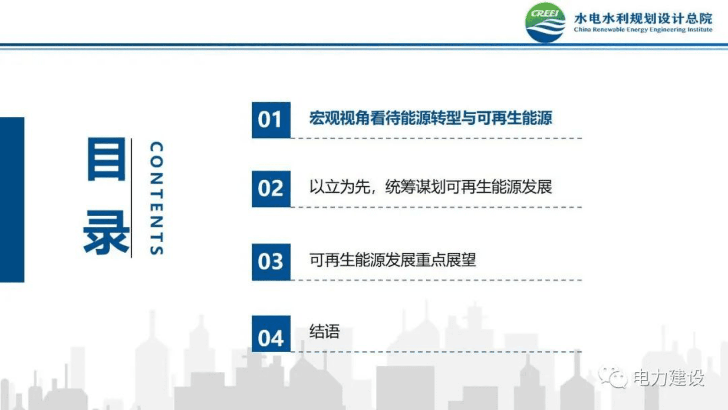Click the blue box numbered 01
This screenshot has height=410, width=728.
pyautogui.click(x=271, y=120)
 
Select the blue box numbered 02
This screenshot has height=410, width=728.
pyautogui.click(x=271, y=189)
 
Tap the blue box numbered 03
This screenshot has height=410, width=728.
pyautogui.click(x=271, y=262)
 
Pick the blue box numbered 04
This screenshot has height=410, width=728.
pyautogui.click(x=271, y=334)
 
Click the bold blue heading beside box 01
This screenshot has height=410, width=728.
pyautogui.click(x=430, y=118)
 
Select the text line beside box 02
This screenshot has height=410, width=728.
pyautogui.click(x=430, y=187)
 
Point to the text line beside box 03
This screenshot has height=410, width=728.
pyautogui.click(x=392, y=260)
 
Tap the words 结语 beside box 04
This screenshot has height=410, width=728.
pyautogui.click(x=324, y=332)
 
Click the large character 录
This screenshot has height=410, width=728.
pyautogui.click(x=106, y=232)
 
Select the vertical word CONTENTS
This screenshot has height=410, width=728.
pyautogui.click(x=156, y=198)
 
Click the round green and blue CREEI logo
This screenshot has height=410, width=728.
pyautogui.click(x=545, y=22)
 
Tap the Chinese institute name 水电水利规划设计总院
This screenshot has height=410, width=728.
pyautogui.click(x=643, y=18)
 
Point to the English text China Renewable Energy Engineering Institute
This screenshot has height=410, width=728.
pyautogui.click(x=643, y=29)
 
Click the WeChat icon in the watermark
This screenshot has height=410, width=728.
pyautogui.click(x=613, y=377)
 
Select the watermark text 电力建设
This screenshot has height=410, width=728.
pyautogui.click(x=668, y=378)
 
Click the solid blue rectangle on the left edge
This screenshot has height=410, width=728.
pyautogui.click(x=12, y=200)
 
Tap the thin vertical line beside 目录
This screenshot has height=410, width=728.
pyautogui.click(x=131, y=198)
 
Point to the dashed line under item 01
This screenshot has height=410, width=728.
pyautogui.click(x=436, y=139)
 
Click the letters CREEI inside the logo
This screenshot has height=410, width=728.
pyautogui.click(x=545, y=13)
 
